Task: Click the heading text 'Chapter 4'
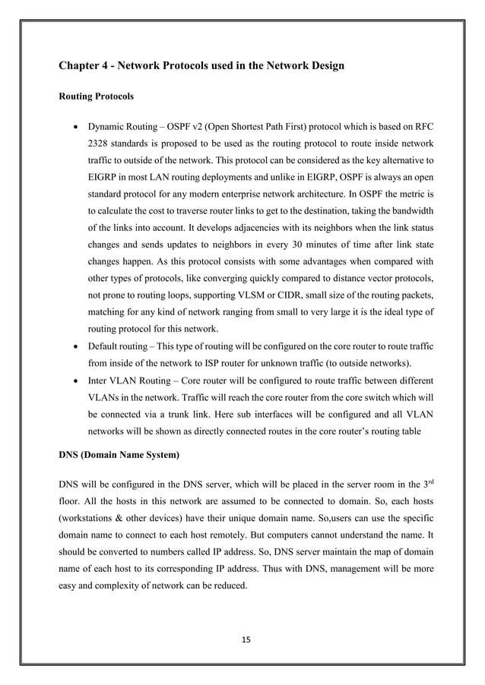pos(85,66)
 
